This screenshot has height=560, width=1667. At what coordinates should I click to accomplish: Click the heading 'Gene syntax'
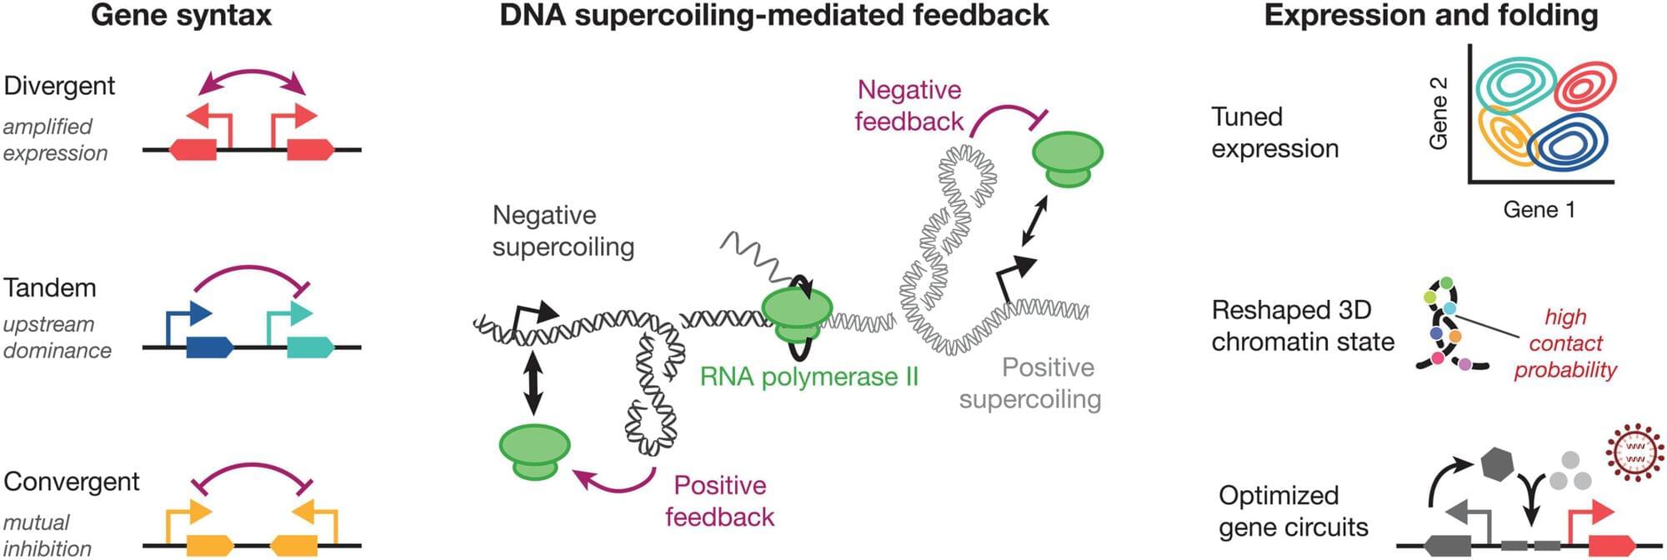click(181, 15)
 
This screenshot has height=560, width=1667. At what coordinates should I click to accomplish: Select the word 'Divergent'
click(59, 86)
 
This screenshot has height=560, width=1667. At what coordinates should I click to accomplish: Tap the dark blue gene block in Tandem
click(209, 347)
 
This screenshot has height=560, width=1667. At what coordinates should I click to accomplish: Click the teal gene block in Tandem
click(310, 347)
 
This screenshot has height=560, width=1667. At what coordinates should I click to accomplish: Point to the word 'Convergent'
click(72, 482)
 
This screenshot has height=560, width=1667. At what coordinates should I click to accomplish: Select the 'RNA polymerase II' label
click(808, 377)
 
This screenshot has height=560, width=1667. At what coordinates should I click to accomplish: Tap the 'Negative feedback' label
click(909, 106)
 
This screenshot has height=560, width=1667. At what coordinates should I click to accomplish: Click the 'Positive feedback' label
click(720, 501)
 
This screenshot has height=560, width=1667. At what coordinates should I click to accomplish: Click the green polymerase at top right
click(1068, 159)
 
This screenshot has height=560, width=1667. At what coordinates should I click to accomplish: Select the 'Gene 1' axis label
click(1539, 209)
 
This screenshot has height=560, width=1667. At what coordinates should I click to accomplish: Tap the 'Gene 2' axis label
click(1438, 113)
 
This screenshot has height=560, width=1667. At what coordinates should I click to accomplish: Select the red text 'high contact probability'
click(1565, 343)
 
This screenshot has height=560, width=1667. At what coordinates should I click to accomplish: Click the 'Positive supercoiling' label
click(1030, 383)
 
